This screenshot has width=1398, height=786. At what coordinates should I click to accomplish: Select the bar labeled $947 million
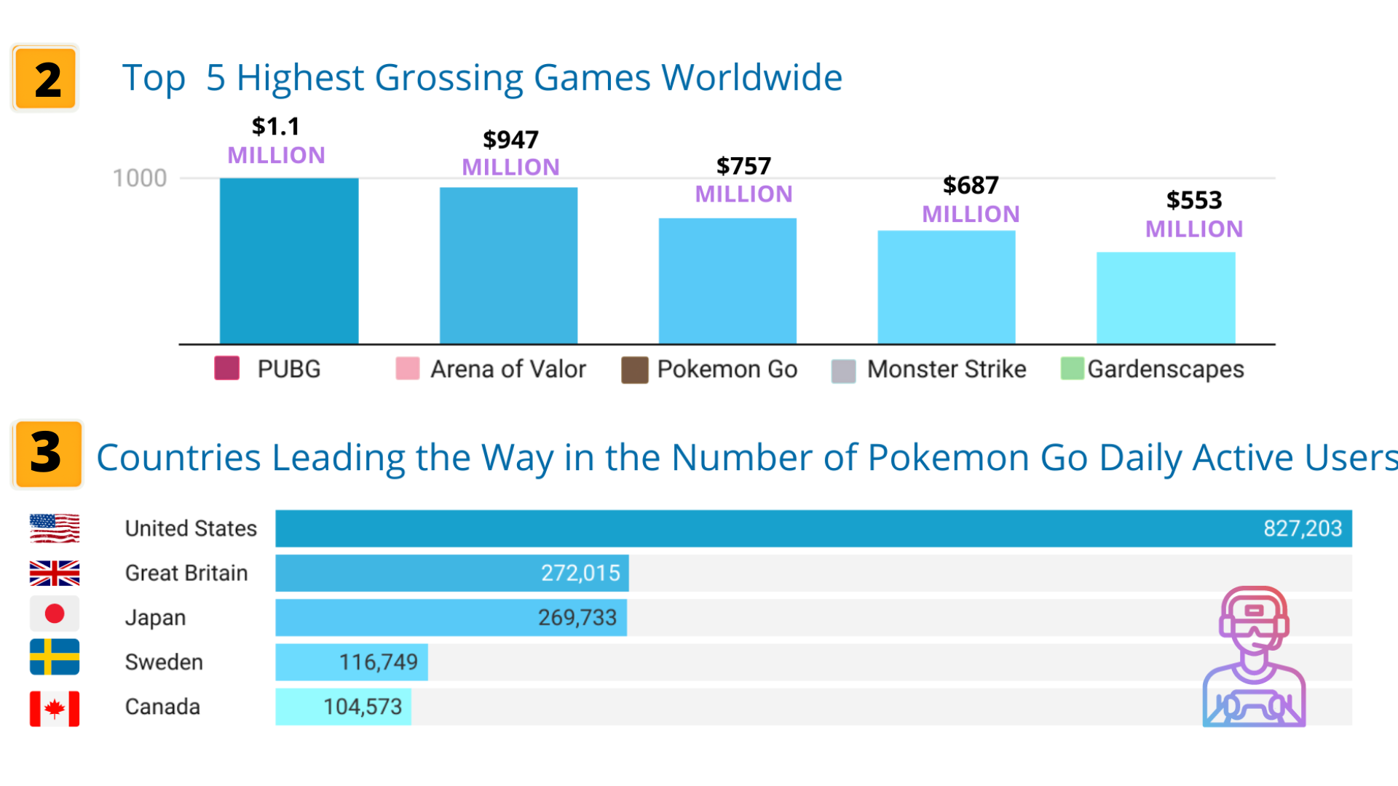[508, 266]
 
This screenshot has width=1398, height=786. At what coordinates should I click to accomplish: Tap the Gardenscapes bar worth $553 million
[1166, 298]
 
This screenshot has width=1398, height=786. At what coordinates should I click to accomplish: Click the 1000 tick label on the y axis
[139, 178]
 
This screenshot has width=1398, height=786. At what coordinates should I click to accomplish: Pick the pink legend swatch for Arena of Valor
[407, 369]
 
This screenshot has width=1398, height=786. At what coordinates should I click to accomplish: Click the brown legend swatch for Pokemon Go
[634, 370]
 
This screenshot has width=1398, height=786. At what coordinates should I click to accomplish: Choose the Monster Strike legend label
[946, 370]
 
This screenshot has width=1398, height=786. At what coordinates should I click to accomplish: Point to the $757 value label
[743, 167]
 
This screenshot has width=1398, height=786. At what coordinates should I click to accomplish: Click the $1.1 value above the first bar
[276, 127]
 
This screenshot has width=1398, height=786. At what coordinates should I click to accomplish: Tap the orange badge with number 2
[46, 79]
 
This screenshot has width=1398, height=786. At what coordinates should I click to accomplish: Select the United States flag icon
[55, 528]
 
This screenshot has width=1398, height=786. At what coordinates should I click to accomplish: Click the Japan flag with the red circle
[55, 614]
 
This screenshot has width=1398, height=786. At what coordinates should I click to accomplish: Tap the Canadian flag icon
[55, 708]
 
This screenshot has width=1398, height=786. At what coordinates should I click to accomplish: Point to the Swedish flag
[55, 657]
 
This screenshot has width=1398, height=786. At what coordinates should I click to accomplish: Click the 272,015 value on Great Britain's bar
[580, 573]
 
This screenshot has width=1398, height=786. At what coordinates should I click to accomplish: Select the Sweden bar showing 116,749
[351, 662]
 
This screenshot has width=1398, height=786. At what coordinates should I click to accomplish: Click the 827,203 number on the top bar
[1302, 528]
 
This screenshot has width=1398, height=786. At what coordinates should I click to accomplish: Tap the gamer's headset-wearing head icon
[1254, 619]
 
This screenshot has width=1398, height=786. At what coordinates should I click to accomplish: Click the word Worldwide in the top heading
[751, 78]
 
